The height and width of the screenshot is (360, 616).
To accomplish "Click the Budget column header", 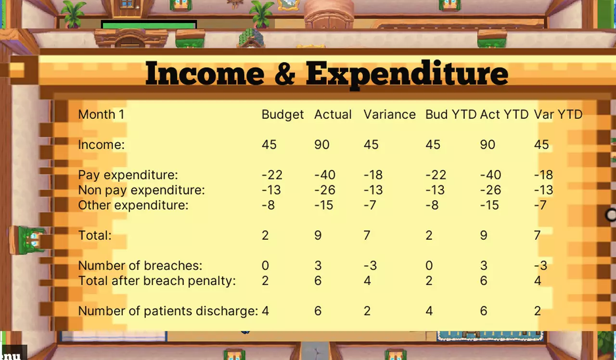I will pos(282,115).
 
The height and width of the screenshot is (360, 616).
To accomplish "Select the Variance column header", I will pos(389,115).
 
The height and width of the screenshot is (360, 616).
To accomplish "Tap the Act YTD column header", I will pos(505,115).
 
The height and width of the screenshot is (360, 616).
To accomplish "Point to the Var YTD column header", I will pos(558,115).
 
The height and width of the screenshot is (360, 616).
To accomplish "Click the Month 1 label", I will pos(97,115).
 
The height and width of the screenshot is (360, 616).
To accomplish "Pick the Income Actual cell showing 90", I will pos(322,144).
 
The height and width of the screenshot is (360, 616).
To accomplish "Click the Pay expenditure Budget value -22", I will pos(272,175).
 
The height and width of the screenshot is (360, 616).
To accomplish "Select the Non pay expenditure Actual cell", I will pos(325,190).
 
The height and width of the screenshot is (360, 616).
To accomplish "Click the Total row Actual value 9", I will pos(318,235).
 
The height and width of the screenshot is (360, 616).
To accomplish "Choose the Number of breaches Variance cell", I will pos(370,266).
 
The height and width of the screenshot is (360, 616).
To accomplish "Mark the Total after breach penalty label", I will pos(157,281).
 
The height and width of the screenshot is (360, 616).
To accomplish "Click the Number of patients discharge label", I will pos(168,311).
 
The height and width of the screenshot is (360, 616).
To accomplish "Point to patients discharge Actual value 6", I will pos(318,311).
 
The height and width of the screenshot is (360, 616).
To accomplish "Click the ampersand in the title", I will pos(285,74).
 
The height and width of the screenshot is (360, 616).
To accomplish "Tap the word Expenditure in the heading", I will pos(407,74).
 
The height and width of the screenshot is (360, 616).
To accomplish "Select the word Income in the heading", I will pos(205,74).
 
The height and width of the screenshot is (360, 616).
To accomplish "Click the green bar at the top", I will pos(149,25).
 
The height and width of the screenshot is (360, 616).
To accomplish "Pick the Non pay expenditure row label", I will pos(141,190).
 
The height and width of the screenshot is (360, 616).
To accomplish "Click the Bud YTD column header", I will pos(450,115).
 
